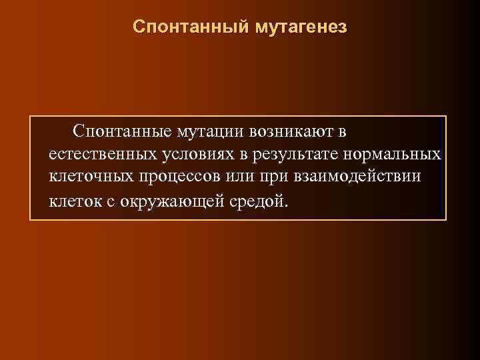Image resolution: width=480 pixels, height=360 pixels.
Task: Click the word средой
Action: [257, 201]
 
